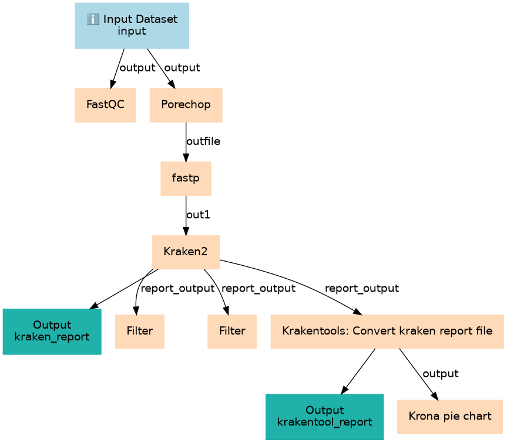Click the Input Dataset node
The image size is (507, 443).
tap(132, 26)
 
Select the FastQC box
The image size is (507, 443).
tap(105, 105)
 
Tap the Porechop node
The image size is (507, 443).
tap(186, 105)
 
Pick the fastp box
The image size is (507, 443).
tap(186, 178)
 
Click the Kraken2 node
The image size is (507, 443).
tap(186, 252)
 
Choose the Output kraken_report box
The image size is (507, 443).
tap(52, 332)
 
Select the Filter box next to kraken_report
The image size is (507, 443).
tap(140, 332)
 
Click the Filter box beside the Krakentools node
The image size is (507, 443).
tap(232, 332)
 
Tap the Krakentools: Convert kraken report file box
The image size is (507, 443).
tap(387, 332)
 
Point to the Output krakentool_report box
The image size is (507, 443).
tap(325, 417)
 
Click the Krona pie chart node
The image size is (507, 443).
tap(450, 417)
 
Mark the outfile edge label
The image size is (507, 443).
tap(203, 141)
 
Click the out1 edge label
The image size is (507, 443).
tap(198, 215)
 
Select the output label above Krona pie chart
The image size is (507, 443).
tap(441, 374)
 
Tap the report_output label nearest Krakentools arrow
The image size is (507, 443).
tap(362, 288)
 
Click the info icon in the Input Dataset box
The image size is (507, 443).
tap(93, 19)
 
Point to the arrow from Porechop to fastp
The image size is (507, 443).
tap(186, 142)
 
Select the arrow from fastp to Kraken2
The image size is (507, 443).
tap(186, 216)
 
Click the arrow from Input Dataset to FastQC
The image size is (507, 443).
tap(117, 69)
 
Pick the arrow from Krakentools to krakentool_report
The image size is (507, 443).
tap(358, 371)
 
